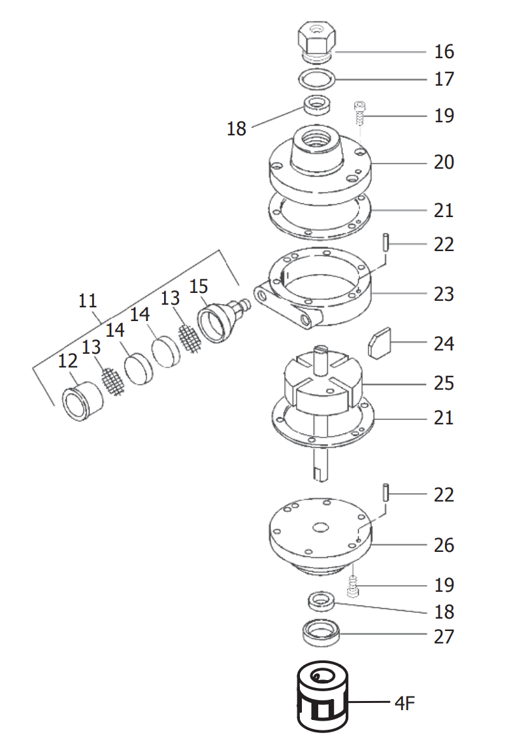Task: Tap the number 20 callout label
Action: pyautogui.click(x=444, y=162)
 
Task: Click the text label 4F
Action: pyautogui.click(x=404, y=704)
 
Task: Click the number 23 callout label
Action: pyautogui.click(x=444, y=294)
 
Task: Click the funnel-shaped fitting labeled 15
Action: pyautogui.click(x=218, y=320)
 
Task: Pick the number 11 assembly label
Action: pyautogui.click(x=88, y=301)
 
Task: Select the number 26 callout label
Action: pyautogui.click(x=444, y=545)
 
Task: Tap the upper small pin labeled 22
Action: pyautogui.click(x=386, y=241)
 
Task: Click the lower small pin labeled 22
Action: pyautogui.click(x=386, y=491)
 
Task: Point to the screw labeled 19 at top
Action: pyautogui.click(x=358, y=114)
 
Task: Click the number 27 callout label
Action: pyautogui.click(x=444, y=636)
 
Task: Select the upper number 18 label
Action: pyautogui.click(x=237, y=129)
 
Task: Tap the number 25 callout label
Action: pyautogui.click(x=444, y=383)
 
